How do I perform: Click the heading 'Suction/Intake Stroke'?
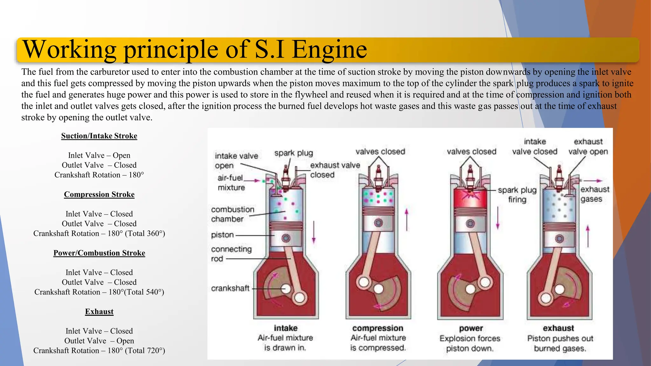click(99, 136)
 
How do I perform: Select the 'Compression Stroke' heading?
click(99, 194)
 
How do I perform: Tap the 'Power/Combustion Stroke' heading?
click(99, 253)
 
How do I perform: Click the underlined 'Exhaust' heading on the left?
click(99, 311)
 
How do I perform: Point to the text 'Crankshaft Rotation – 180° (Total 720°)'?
click(99, 350)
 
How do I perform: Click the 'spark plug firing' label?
click(517, 195)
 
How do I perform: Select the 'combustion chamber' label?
click(233, 214)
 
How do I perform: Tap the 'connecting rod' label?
click(231, 254)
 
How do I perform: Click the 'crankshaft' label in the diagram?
click(230, 288)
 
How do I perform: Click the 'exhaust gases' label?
click(595, 194)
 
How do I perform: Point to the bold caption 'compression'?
click(378, 328)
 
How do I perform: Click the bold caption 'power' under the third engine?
click(471, 328)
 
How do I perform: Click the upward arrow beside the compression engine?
click(407, 220)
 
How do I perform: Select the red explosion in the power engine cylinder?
click(470, 193)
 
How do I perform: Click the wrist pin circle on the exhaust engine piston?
click(559, 239)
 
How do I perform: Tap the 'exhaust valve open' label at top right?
click(588, 146)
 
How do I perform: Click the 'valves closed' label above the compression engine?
click(380, 152)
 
